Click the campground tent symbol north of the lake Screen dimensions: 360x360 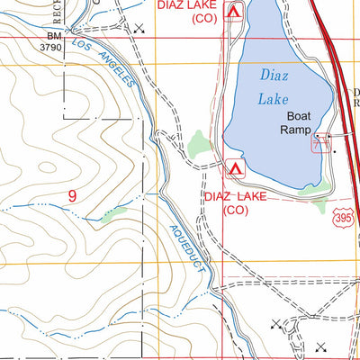click(235, 13)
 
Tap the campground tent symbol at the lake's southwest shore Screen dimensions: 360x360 click(235, 168)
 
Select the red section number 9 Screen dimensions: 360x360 click(71, 193)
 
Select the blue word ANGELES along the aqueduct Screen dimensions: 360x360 click(118, 69)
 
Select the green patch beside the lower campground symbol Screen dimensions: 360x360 click(200, 142)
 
